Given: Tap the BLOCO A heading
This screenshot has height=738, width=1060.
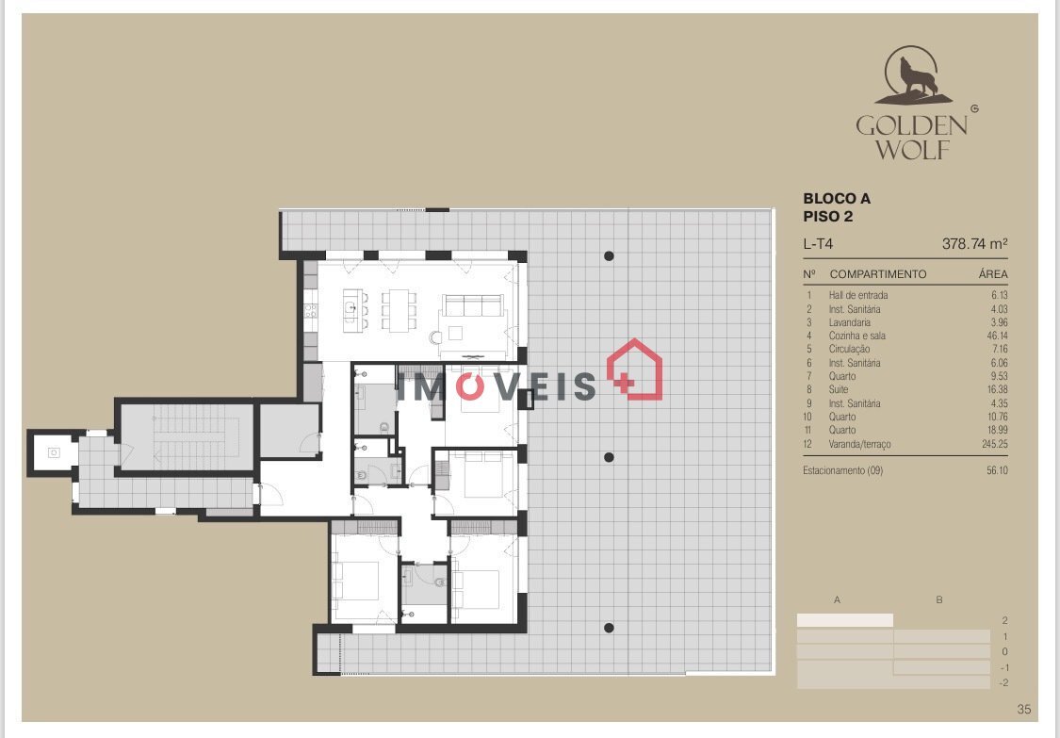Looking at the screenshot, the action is point(837,199).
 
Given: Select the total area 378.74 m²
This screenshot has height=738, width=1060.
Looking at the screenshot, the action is point(974,243).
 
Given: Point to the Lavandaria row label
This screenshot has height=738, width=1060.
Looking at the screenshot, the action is point(849,322).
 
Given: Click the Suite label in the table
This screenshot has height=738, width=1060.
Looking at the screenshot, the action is point(839,389).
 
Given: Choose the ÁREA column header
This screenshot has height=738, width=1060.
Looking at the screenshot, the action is point(992,274).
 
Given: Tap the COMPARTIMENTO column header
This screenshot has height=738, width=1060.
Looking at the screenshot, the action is point(877,274).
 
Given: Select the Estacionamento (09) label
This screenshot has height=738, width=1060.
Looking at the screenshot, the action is point(842,470).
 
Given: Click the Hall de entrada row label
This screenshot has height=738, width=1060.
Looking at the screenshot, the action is point(857,295).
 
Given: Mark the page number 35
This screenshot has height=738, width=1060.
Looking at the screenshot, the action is point(1024,709).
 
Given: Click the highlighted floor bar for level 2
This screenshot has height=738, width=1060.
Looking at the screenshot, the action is point(845,620).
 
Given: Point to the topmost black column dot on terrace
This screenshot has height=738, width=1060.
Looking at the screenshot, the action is point(609,255).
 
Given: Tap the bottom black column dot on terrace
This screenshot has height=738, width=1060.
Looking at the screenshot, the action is point(609,628).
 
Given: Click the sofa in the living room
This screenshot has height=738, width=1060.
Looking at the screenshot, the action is point(473,305).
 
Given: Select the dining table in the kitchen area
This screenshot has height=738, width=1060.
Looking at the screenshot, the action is point(399,310).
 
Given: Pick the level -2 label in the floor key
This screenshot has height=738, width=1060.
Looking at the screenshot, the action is point(1003,683).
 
